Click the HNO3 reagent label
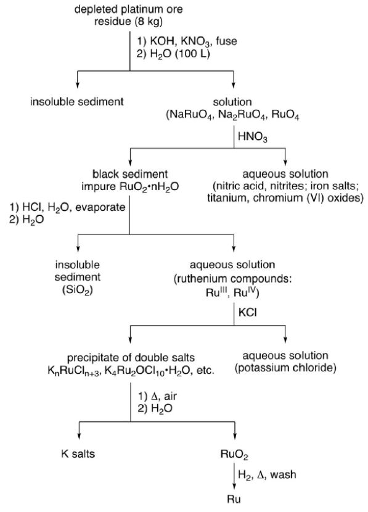pyautogui.click(x=253, y=136)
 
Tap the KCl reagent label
pyautogui.click(x=248, y=313)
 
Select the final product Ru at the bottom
pyautogui.click(x=234, y=499)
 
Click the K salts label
pyautogui.click(x=78, y=453)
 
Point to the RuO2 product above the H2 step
pyautogui.click(x=234, y=454)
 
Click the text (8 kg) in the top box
pyautogui.click(x=148, y=22)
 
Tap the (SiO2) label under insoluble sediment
pyautogui.click(x=77, y=290)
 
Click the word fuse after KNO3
pyautogui.click(x=226, y=41)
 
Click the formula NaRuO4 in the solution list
pyautogui.click(x=190, y=115)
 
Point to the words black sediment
pyautogui.click(x=130, y=174)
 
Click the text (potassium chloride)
pyautogui.click(x=285, y=368)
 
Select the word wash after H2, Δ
pyautogui.click(x=283, y=474)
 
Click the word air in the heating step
pyautogui.click(x=170, y=396)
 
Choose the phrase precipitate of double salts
pyautogui.click(x=131, y=358)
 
